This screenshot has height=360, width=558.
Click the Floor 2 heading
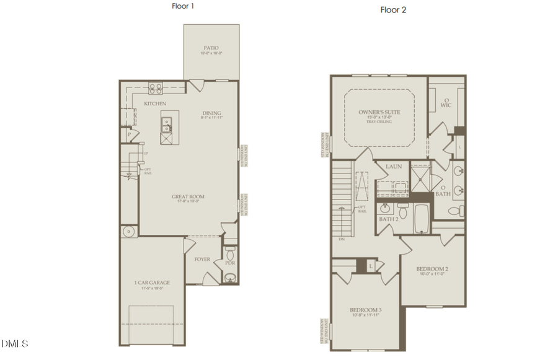coord(393,10)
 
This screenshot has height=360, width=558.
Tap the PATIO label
coord(211,48)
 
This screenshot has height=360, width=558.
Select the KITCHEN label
coord(155,103)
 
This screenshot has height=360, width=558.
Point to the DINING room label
coord(211,113)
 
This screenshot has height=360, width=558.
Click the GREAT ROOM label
coord(188,197)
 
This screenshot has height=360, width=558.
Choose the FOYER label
coord(202,259)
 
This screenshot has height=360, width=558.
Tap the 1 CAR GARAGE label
coord(153,283)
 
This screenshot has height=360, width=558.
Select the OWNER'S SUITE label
coord(379,112)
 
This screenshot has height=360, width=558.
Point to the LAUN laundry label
coord(394,166)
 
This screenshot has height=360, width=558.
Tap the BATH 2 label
coord(388,219)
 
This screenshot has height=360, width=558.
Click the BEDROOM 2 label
coord(433,269)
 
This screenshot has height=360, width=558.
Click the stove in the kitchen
coord(155,88)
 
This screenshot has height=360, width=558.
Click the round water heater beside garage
coord(129,231)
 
